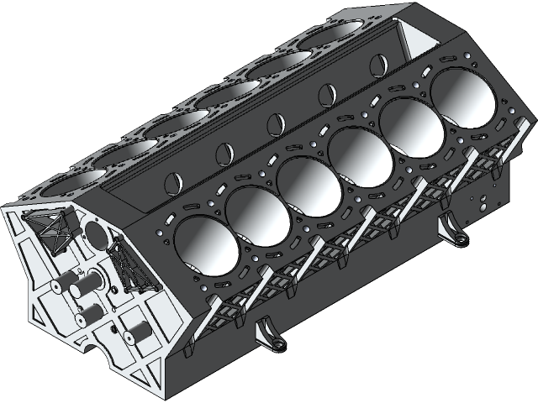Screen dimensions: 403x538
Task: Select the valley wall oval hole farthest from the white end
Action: coord(375,64)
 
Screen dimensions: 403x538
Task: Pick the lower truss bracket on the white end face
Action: coord(129,266)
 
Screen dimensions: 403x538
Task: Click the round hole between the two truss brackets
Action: coord(94,232)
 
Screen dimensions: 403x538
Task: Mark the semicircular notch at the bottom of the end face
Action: coord(92,343)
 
